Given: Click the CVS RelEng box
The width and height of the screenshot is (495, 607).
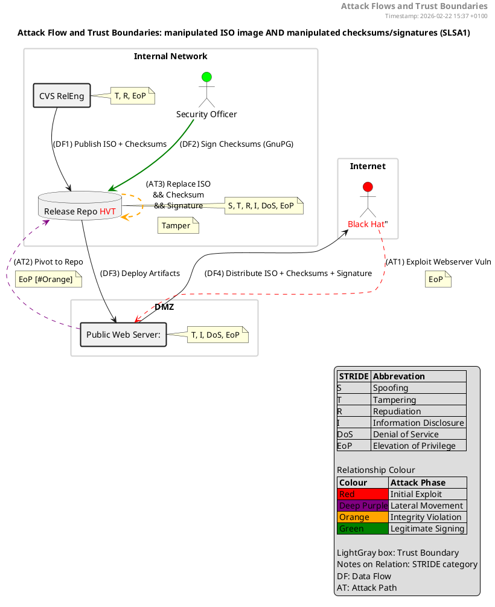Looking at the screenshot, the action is (62, 95).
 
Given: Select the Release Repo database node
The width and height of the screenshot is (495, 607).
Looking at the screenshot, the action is (80, 205).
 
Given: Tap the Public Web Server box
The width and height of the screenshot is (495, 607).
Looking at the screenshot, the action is (124, 335).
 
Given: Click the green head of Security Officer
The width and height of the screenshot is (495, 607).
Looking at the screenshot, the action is (206, 77).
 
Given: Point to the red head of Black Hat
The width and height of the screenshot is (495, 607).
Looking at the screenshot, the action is (368, 187).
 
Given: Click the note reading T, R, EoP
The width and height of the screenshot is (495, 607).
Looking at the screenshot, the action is (133, 96).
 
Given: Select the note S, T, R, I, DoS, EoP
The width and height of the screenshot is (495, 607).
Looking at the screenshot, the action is (264, 205).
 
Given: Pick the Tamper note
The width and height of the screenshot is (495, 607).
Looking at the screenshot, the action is (179, 225).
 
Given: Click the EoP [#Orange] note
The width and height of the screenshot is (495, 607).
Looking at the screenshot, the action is (48, 279).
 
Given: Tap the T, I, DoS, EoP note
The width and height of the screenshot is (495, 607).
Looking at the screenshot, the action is (218, 335).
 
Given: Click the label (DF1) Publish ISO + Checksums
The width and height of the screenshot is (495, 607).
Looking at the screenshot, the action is (110, 144).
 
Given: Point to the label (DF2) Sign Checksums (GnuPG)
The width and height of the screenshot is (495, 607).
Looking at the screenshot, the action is (237, 144).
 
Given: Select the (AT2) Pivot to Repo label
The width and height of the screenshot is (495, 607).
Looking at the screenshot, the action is (48, 262).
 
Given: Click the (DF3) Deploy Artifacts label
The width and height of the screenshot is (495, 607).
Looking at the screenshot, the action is (140, 274).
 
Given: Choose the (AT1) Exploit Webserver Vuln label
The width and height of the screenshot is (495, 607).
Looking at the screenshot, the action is (438, 262).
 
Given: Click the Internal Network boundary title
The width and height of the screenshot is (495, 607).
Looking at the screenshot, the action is (171, 56).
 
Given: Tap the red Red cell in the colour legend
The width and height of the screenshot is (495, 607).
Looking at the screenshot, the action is (363, 494).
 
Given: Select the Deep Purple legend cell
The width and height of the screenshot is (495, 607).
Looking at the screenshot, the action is (363, 506).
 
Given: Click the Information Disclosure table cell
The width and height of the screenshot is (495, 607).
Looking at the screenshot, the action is (418, 423).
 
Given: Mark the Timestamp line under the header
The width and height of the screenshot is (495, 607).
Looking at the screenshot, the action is (436, 16).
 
